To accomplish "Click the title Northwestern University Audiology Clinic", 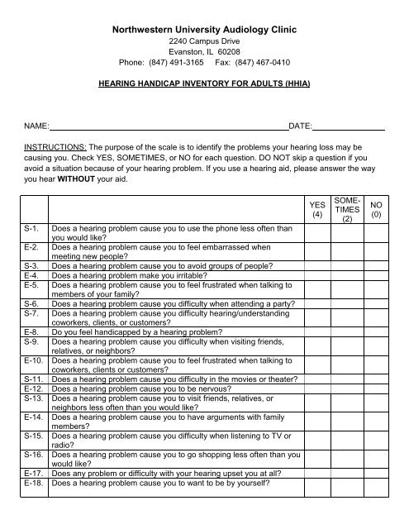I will (204, 30).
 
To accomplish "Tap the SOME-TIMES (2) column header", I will (347, 210).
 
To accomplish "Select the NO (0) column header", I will (377, 210).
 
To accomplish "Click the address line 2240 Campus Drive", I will (204, 40).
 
